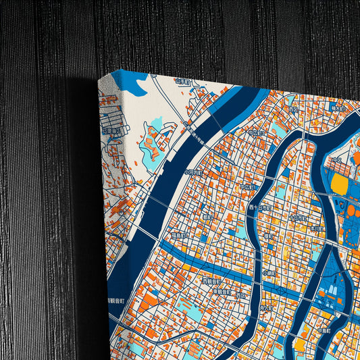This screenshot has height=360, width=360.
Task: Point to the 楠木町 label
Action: pos(338,107)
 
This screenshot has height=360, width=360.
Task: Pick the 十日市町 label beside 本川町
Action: pos(297,218)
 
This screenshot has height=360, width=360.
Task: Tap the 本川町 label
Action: pos(316,229)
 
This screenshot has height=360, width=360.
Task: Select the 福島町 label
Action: pos(179,236)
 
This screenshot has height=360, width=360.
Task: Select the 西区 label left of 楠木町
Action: pos(292,108)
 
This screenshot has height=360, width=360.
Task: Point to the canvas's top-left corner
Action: pos(99,78)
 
